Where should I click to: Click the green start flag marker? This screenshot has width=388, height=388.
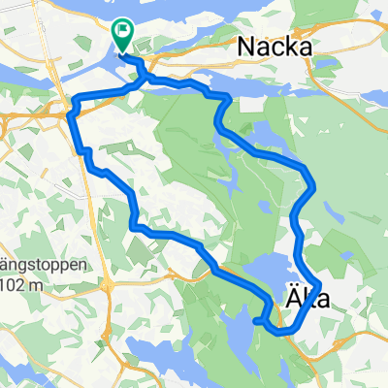coord(124,37)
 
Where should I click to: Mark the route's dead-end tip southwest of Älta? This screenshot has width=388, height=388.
coord(255,319)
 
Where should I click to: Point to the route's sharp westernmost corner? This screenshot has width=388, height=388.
coord(69,114)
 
